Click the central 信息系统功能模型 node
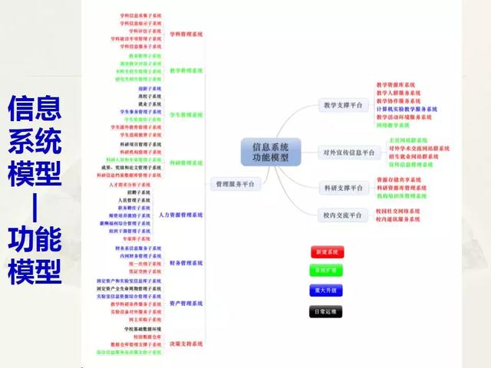[x=265, y=151]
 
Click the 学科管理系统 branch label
[x=186, y=34]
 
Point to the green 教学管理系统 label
[x=186, y=71]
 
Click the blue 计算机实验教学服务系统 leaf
[x=407, y=109]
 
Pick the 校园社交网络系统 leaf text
[x=398, y=211]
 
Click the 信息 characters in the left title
[x=35, y=107]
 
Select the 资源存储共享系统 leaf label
[x=398, y=179]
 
